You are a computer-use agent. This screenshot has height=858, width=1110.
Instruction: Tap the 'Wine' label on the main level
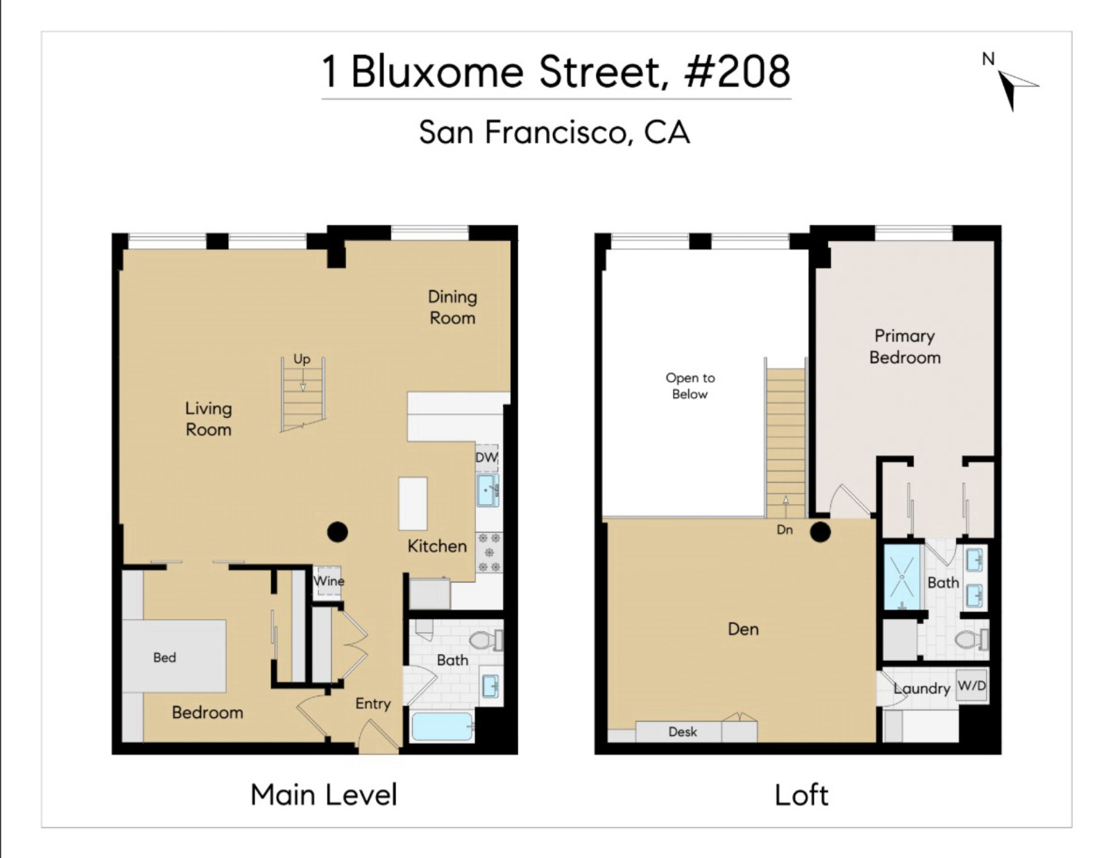point(328,581)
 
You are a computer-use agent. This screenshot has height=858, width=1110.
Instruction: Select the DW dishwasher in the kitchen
point(486,457)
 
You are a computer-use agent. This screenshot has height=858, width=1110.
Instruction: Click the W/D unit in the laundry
point(971,687)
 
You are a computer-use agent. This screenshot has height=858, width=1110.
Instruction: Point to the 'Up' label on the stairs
point(302,359)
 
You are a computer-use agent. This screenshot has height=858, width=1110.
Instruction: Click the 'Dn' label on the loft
point(785,530)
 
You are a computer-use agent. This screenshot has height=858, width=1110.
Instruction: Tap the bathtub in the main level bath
point(443,726)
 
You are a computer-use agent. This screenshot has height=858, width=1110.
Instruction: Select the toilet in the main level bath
point(486,640)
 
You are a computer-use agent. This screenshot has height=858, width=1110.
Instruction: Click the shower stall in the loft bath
point(902,577)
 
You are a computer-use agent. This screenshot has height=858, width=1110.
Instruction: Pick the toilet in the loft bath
point(971,639)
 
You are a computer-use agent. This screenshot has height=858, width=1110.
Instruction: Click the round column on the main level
point(337,532)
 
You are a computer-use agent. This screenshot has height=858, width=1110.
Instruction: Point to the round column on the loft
point(821,532)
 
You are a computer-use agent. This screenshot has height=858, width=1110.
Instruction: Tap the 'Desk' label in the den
point(683,732)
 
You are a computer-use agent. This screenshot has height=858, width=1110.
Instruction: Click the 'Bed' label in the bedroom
point(164,657)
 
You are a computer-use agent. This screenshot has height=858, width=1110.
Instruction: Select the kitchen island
point(413,504)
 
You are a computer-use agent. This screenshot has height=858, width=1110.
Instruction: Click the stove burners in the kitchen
point(489,553)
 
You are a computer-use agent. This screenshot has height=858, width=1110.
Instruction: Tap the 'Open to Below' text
point(690,386)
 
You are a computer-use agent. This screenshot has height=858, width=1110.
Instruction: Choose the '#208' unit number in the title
point(737,71)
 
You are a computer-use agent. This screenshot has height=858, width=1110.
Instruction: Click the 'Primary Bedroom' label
point(905,346)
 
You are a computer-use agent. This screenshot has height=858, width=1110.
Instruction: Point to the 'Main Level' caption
point(324,795)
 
